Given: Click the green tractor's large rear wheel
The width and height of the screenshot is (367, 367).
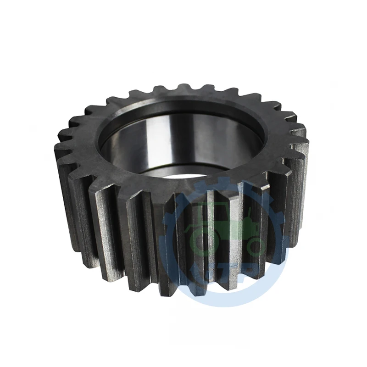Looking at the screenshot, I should point(202,239).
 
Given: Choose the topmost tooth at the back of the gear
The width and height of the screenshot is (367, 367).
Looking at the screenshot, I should point(183,88).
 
